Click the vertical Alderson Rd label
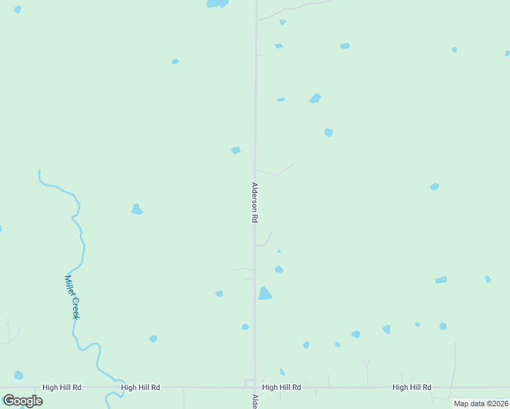click(255, 202)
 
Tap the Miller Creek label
click(72, 297)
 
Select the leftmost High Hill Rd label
click(61, 387)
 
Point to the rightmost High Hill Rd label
click(412, 387)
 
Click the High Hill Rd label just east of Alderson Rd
click(282, 387)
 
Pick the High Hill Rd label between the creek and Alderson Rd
click(140, 387)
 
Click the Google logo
click(22, 401)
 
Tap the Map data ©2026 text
click(481, 404)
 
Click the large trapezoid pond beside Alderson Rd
click(265, 294)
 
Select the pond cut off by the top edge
click(217, 3)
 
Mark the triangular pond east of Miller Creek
click(136, 209)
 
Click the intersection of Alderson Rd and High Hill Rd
click(255, 387)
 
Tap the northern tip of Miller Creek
click(40, 170)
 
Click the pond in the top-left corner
click(17, 10)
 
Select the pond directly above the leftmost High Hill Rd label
click(18, 375)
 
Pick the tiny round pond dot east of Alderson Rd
click(279, 252)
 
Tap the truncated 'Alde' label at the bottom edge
click(255, 402)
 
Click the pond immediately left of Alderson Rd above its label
click(236, 150)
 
